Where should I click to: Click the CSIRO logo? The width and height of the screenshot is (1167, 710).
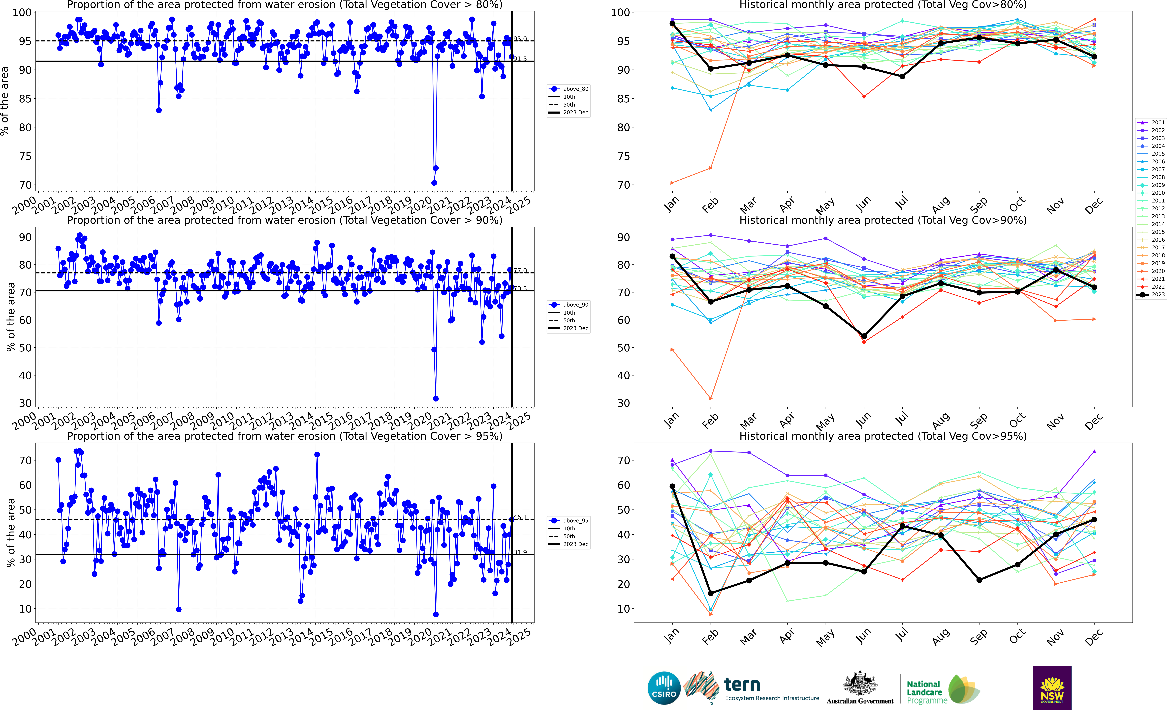coord(664,688)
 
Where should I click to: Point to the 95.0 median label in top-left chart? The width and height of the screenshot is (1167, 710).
coord(520,39)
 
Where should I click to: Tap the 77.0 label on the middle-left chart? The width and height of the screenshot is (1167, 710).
coord(520,271)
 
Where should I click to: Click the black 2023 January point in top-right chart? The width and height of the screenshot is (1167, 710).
coord(673,24)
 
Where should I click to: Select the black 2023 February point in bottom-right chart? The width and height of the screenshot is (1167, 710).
coord(710,593)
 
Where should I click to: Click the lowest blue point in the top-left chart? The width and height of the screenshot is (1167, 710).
coord(434,183)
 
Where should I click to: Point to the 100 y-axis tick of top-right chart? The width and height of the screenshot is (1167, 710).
coord(620,13)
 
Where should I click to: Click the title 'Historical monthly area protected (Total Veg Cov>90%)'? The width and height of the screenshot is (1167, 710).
coord(883,220)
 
